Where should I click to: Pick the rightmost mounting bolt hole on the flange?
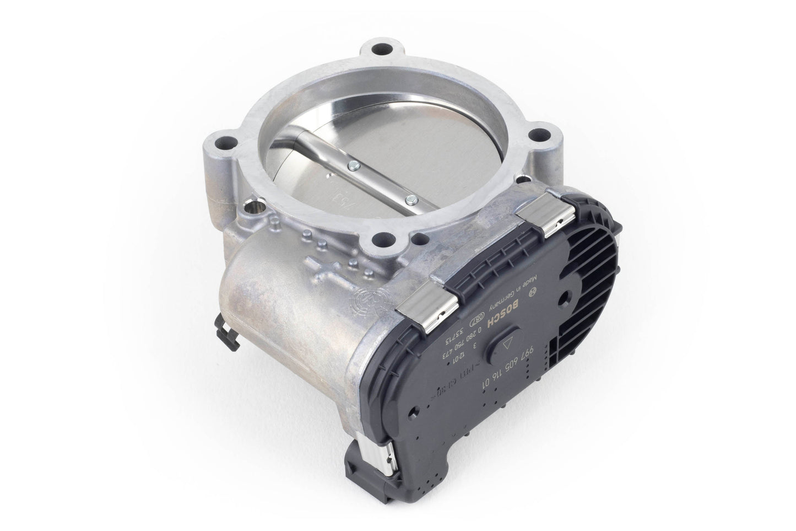pos(539,135)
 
